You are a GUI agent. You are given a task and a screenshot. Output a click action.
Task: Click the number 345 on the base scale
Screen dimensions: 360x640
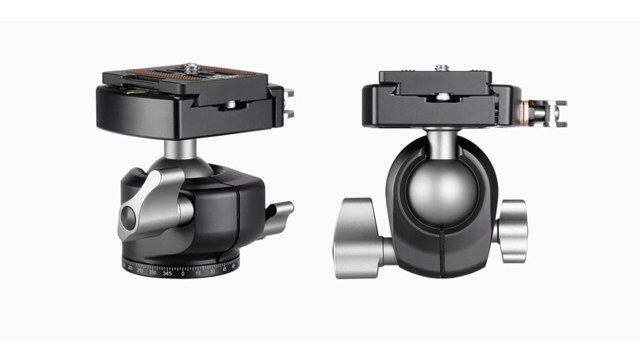(x=168, y=273)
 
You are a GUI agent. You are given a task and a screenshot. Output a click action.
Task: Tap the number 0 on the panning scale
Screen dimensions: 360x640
(x=183, y=274)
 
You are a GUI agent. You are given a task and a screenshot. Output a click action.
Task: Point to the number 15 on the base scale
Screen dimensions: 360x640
(x=198, y=273)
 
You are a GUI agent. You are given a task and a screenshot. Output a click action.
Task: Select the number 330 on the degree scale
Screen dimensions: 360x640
(x=152, y=272)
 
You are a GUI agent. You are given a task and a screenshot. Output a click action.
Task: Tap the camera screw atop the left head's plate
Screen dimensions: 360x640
(x=192, y=67)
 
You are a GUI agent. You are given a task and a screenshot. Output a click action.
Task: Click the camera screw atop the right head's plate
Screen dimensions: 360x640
(x=442, y=67)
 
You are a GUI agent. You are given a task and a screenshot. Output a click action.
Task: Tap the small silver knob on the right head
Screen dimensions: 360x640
(x=512, y=230)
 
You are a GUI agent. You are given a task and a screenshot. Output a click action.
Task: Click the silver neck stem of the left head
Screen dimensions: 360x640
(x=180, y=149)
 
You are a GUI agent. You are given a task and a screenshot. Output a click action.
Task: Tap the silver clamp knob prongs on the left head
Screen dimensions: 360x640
(x=289, y=103)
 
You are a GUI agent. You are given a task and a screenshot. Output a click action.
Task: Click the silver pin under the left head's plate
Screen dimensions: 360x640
(x=230, y=104)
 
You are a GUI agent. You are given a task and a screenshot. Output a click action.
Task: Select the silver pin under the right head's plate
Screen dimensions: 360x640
(x=443, y=98)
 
